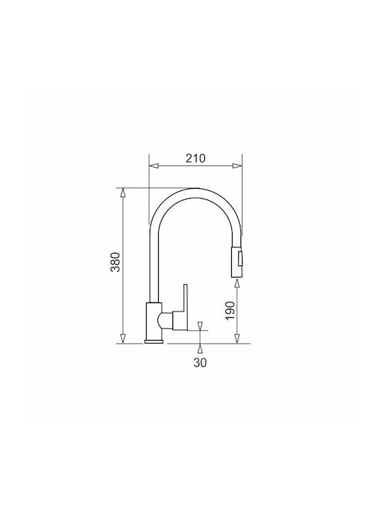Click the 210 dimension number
click(x=196, y=158)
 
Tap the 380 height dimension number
click(x=116, y=262)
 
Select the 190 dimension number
click(x=231, y=311)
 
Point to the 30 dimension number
click(x=200, y=363)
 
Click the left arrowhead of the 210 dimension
click(x=154, y=166)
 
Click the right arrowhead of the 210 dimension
click(x=238, y=166)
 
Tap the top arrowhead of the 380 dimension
click(x=123, y=193)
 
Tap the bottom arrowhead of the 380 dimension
click(x=123, y=339)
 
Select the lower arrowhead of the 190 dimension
click(x=238, y=339)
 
